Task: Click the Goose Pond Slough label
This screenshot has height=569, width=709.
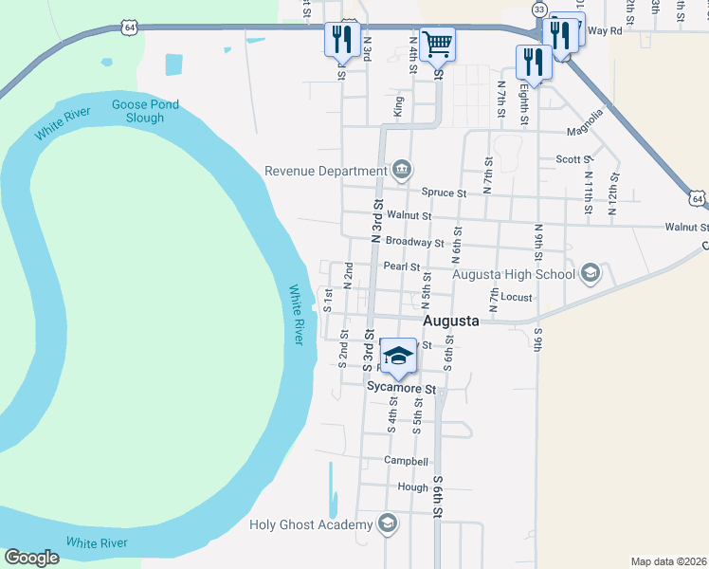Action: coord(138,111)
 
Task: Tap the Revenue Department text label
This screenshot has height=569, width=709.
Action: coord(324,171)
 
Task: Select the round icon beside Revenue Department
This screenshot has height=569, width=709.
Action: coord(402,171)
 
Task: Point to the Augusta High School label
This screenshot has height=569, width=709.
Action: coord(513,275)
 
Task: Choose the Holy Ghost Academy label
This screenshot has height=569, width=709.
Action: coord(311,524)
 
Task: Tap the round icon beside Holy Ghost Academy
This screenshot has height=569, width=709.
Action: coord(387,523)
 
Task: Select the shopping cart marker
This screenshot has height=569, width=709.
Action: coord(437,43)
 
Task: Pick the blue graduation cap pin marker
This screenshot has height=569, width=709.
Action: coord(399,357)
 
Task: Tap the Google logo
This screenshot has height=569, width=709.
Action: coord(31,558)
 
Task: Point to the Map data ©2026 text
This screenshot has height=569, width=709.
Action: coord(668,561)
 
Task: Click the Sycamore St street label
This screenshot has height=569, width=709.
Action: coord(401,389)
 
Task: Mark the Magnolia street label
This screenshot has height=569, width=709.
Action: coord(585,131)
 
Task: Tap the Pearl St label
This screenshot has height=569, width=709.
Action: coord(401,266)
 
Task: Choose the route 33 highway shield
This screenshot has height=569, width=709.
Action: coord(539,9)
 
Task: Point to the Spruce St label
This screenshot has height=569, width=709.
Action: coord(445,193)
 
